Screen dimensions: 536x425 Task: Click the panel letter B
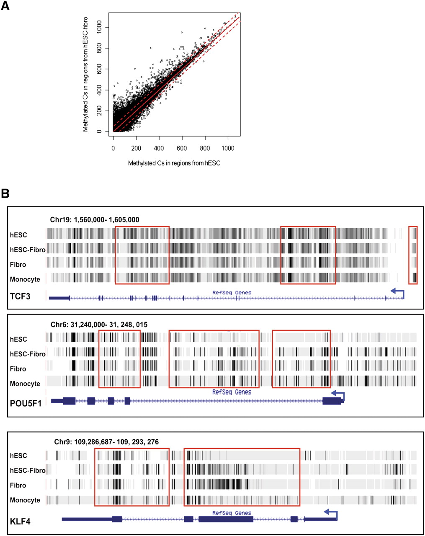pos(5,193)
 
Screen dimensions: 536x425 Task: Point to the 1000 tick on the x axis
pos(228,148)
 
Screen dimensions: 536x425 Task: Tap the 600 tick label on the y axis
pos(99,69)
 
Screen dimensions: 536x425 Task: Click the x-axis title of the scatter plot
pos(174,163)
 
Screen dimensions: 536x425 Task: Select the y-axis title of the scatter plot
pos(85,74)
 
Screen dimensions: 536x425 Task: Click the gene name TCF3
pos(20,296)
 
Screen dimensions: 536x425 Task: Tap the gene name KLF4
pos(20,522)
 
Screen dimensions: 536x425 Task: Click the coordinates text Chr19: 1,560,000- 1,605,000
pos(95,220)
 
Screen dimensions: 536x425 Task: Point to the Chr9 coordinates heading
pos(106,442)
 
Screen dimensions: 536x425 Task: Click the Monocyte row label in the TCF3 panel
pos(25,279)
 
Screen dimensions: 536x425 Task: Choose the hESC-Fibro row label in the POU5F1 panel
pos(28,354)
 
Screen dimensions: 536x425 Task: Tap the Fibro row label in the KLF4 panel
pos(18,485)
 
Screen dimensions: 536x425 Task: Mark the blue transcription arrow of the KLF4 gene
pos(331,513)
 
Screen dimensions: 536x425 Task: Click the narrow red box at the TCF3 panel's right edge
pos(413,255)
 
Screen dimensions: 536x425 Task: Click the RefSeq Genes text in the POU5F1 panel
pos(232,392)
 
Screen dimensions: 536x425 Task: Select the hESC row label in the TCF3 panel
pos(18,235)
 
